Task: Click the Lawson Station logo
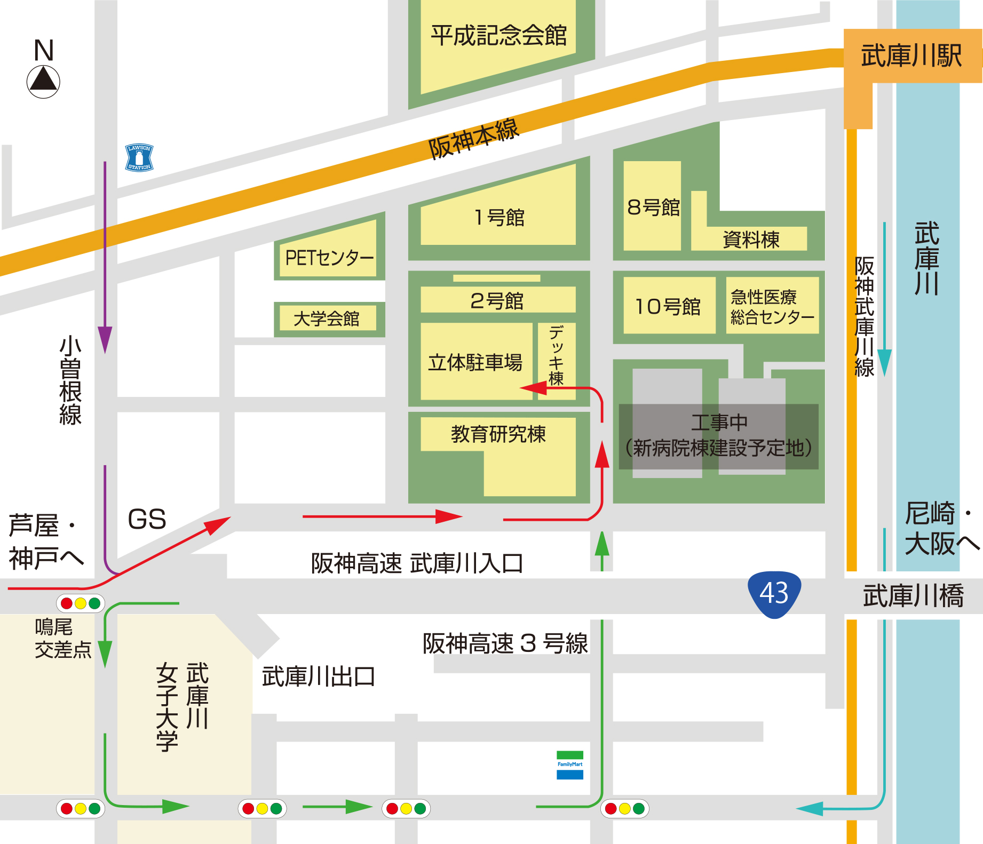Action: pos(139,158)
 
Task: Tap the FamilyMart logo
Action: pos(570,765)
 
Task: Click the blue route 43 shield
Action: pos(774,594)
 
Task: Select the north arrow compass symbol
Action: pos(43,81)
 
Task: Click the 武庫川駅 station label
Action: pos(911,56)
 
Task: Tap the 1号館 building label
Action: pos(499,218)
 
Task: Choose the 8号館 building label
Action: pos(653,208)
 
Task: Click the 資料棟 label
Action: pos(751,240)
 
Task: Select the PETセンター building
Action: pos(329,258)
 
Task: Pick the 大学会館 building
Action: pos(326,319)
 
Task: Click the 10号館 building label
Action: pos(668,307)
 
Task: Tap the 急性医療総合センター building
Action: pos(772,307)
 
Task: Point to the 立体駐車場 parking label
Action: pos(475,363)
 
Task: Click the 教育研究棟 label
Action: pos(498,434)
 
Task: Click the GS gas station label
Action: pos(147,519)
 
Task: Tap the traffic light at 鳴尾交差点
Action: pos(81,603)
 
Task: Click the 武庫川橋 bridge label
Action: pos(913,596)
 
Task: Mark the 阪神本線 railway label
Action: pos(473,139)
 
